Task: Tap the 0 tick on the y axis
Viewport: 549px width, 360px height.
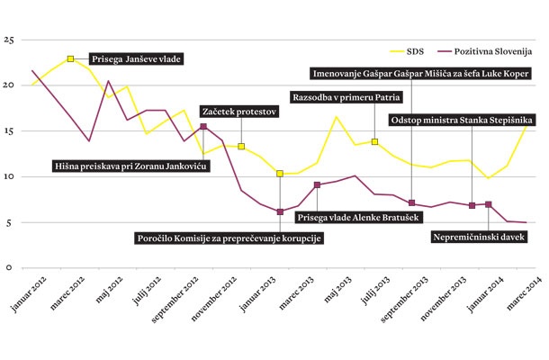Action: tap(9, 267)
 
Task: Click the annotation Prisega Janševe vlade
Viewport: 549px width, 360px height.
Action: tap(136, 59)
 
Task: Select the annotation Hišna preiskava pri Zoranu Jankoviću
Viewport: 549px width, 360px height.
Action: tap(130, 166)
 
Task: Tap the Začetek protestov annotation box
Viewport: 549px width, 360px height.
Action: tap(238, 112)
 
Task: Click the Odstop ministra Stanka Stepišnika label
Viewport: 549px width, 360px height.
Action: tap(462, 119)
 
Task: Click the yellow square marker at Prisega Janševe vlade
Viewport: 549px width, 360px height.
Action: tap(70, 59)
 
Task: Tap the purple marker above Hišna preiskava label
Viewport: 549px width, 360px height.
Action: tap(203, 127)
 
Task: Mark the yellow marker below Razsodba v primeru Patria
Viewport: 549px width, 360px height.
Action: tap(374, 141)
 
